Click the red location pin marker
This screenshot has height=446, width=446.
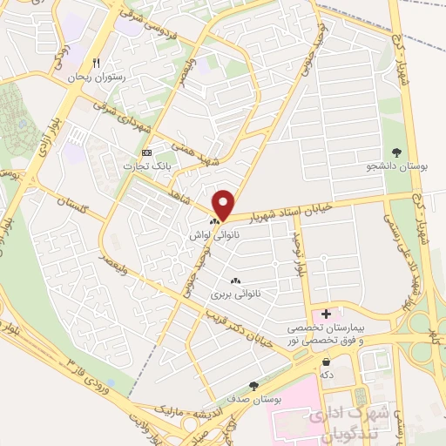pos(224,204)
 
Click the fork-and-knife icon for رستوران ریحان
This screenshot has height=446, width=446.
pos(97,64)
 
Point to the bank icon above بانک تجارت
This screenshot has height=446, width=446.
pos(146,153)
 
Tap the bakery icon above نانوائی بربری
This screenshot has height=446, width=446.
pos(234,280)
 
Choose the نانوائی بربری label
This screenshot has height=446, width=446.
pos(234,294)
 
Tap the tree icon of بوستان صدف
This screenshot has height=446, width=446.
pos(253,384)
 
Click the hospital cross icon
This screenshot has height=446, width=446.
pos(327,314)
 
